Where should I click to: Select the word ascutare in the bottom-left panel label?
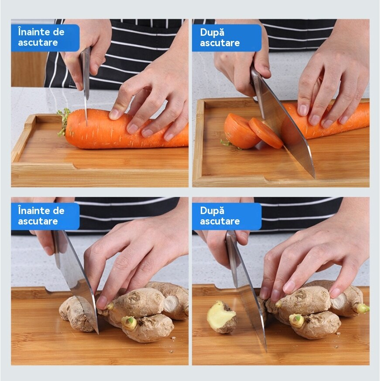pos(38,221)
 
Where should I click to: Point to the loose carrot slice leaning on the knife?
pos(266,133)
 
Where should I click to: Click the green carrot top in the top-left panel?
pos(63,122)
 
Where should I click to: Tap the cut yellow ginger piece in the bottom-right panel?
pos(221,316)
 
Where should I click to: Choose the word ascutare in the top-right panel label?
pos(220,43)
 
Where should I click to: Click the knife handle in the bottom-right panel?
pos(232,258)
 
